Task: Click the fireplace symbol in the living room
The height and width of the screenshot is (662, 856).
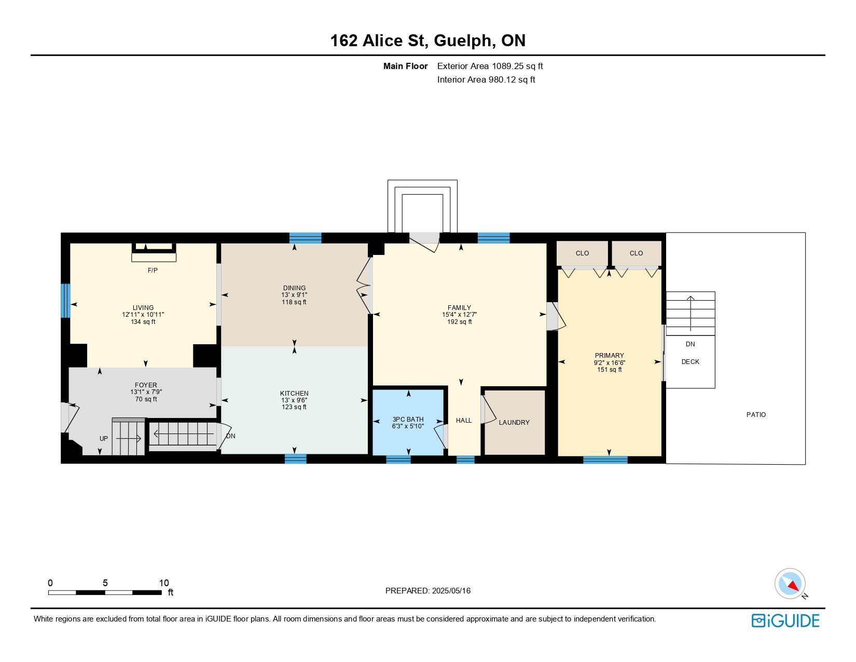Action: (154, 252)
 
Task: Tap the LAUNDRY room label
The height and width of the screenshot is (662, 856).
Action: (514, 422)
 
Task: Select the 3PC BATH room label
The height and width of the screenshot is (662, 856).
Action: (408, 419)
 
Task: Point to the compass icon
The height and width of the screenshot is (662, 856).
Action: (790, 584)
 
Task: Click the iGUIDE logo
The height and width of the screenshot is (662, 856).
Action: (785, 620)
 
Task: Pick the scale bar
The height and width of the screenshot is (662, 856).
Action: (105, 592)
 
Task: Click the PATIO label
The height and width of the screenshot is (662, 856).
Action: (756, 414)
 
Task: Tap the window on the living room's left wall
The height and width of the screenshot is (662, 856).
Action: (65, 301)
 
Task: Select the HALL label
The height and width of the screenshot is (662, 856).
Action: (464, 420)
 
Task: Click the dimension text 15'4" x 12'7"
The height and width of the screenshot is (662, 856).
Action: (459, 315)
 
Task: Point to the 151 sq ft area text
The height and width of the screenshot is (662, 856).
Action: (609, 370)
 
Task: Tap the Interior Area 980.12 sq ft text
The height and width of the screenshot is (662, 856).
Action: (486, 79)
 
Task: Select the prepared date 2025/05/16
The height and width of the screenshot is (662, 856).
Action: (451, 591)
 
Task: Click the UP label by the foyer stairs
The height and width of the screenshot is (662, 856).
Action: (104, 438)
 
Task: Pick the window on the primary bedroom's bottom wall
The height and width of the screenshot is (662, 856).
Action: (605, 460)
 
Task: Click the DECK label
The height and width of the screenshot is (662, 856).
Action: (690, 361)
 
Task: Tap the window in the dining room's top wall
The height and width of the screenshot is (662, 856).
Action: (305, 238)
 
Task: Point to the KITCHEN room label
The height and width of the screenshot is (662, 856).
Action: (294, 393)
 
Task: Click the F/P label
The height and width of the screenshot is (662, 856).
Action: (153, 270)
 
